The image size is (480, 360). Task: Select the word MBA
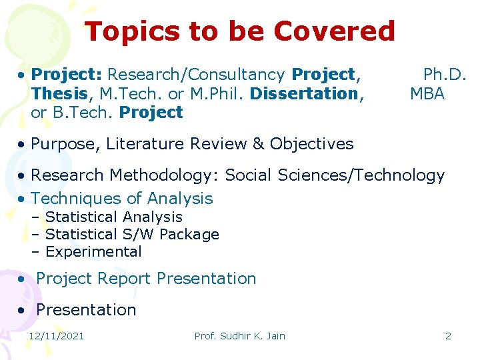427,93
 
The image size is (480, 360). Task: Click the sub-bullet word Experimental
93,252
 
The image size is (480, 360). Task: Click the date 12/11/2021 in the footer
56,336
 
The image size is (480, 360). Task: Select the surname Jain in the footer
273,336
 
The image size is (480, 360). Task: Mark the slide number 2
448,336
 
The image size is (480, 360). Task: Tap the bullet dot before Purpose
23,144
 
